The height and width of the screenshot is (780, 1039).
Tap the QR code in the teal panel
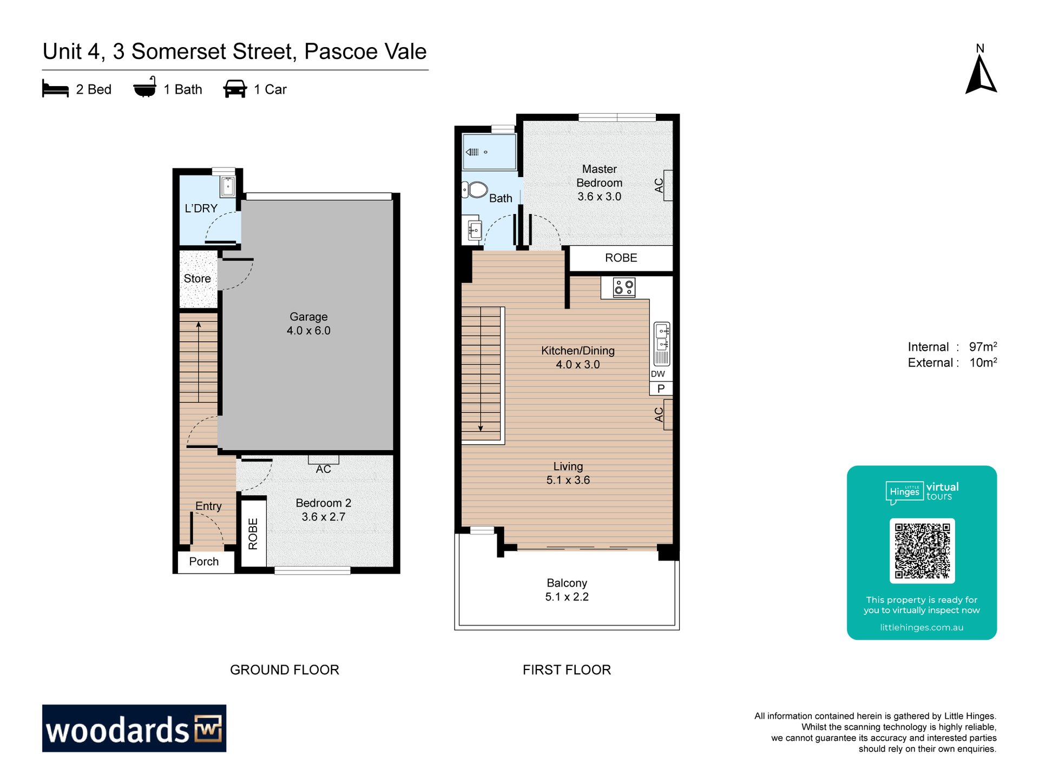point(922,550)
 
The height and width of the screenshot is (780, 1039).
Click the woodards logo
point(134,728)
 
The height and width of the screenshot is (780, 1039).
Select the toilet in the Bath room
point(475,190)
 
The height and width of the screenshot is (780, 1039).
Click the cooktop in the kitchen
point(624,287)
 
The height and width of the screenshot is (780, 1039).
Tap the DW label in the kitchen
point(657,374)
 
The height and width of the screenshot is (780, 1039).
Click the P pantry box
point(661,388)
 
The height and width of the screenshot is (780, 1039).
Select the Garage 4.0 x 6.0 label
point(308,323)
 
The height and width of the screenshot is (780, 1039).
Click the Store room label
point(197,278)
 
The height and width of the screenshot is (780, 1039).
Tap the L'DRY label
point(201,208)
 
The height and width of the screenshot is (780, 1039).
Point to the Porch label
point(204,561)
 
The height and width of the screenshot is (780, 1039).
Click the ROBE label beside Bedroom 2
point(253,534)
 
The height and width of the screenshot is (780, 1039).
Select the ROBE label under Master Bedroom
point(621,258)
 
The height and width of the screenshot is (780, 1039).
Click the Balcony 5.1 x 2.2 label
point(567,590)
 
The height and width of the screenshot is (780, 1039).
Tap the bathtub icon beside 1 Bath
point(145,87)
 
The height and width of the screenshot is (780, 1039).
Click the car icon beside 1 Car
point(235,89)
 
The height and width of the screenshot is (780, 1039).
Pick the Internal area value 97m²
point(983,347)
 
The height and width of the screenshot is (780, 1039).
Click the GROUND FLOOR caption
point(285,670)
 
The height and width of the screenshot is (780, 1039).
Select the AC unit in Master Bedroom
point(668,185)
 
